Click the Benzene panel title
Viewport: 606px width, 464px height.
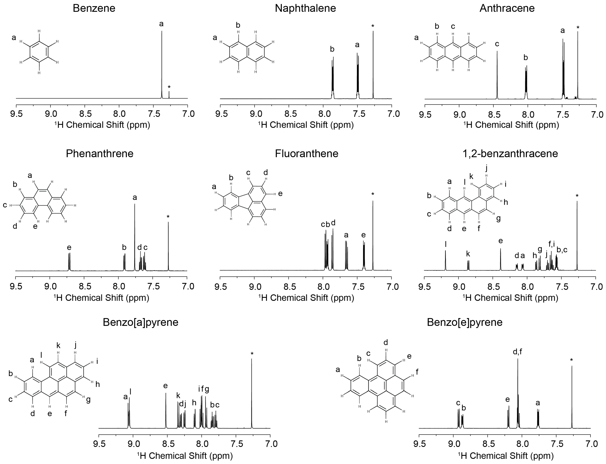pos(94,8)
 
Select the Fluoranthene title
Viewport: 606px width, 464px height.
pos(306,153)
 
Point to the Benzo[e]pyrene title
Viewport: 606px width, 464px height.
pos(465,322)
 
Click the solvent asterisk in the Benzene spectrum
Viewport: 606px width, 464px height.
pos(169,87)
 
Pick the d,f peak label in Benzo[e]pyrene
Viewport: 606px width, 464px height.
pos(517,352)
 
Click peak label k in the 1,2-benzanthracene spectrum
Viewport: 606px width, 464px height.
pos(468,254)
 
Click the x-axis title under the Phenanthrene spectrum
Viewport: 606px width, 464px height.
pos(101,298)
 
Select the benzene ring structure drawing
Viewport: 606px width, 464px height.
pos(39,52)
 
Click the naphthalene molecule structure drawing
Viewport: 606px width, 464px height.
pos(247,52)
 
